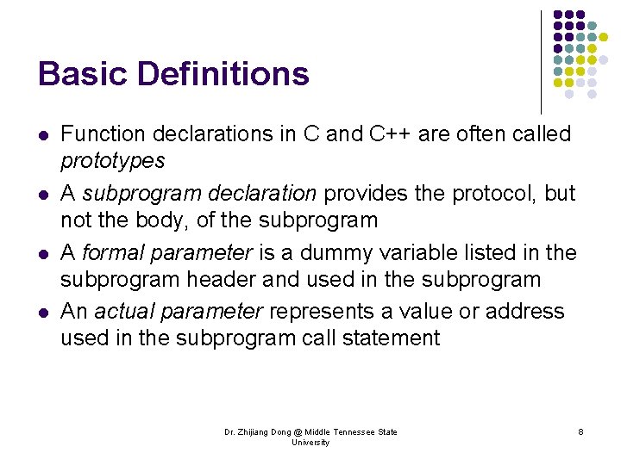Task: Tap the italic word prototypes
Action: click(112, 161)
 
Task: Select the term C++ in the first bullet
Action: click(395, 133)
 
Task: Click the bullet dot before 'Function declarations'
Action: click(43, 135)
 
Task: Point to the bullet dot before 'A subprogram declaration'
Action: click(43, 194)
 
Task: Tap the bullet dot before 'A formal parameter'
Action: click(43, 253)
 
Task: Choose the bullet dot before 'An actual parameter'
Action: click(43, 312)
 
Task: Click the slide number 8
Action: click(580, 431)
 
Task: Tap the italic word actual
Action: click(122, 311)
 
